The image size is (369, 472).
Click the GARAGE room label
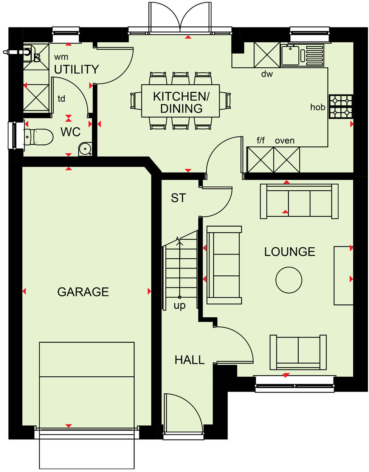83,292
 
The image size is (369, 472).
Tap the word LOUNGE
290,252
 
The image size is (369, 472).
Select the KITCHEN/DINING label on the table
181,102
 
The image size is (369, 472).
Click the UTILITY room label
77,69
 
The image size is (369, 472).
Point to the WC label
71,132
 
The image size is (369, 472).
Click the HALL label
189,360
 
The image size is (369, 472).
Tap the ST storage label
178,198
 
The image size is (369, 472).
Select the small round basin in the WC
85,149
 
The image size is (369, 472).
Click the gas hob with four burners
341,107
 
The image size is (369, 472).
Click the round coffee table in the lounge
289,280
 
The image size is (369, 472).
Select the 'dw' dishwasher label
267,74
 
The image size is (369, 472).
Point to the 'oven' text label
285,141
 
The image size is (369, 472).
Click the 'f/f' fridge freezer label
261,141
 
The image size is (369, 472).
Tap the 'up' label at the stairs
180,305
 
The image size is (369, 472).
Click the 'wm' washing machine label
61,57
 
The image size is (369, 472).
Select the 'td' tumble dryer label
61,99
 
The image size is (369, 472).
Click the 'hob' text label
318,107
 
